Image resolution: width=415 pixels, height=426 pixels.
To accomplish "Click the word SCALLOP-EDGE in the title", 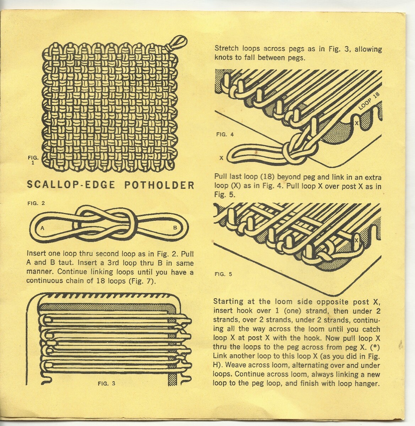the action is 71,185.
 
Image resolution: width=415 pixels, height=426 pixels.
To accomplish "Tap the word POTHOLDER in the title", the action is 159,185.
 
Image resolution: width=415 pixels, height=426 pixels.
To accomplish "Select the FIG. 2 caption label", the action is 36,203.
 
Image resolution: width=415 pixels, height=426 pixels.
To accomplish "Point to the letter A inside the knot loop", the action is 43,228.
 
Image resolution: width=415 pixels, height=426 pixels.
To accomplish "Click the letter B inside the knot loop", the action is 175,228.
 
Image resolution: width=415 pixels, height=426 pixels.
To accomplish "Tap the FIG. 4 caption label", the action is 225,134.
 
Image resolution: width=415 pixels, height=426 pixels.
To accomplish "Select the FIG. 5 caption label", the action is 224,274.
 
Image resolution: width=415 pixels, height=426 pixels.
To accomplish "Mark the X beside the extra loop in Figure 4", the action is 221,158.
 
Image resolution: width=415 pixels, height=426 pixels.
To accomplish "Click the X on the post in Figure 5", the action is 356,240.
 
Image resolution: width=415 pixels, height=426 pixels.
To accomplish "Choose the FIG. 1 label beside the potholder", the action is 33,160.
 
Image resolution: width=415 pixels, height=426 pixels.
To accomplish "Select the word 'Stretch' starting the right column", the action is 226,48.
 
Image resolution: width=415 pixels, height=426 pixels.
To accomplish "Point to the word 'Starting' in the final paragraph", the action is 228,302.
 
